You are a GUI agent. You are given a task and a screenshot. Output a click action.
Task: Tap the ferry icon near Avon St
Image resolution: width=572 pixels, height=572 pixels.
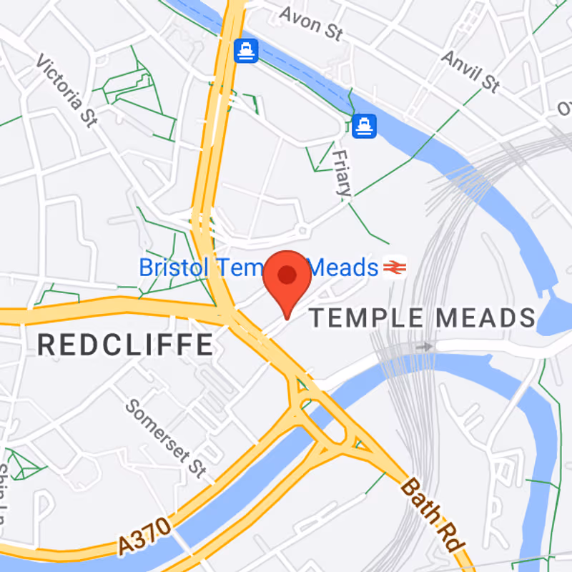[x=246, y=51]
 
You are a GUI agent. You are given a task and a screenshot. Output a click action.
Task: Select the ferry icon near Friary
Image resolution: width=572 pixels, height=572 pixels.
[x=365, y=126]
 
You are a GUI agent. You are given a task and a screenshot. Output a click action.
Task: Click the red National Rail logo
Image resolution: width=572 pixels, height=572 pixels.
[x=394, y=267]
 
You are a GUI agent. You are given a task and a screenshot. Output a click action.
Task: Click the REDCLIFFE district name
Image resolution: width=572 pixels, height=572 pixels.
[x=125, y=345]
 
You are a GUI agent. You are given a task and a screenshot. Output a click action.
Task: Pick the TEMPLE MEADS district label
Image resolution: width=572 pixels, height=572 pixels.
[x=422, y=318]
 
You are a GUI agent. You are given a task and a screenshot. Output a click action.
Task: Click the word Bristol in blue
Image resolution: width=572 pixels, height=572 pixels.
[x=174, y=268]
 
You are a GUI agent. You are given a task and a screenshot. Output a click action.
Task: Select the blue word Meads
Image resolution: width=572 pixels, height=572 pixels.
[x=345, y=268]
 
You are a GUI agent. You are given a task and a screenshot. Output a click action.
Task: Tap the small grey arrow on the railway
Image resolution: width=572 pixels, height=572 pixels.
[x=426, y=347]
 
